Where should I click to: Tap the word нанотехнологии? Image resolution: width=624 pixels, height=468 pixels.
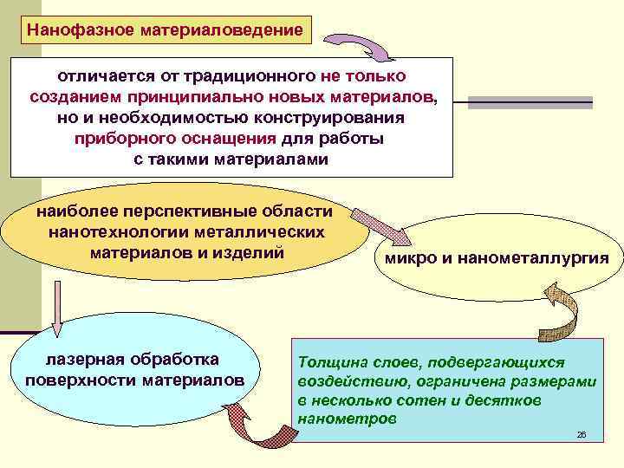click(x=115, y=232)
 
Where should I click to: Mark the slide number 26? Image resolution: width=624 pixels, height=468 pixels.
click(x=582, y=433)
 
